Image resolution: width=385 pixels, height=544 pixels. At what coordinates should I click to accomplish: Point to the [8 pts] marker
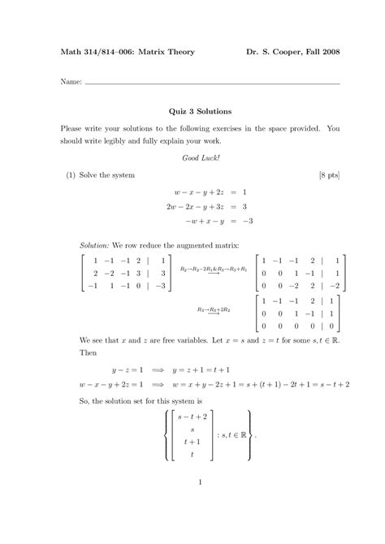[328, 175]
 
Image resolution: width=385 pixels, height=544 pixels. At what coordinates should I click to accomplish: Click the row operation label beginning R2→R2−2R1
[213, 268]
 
